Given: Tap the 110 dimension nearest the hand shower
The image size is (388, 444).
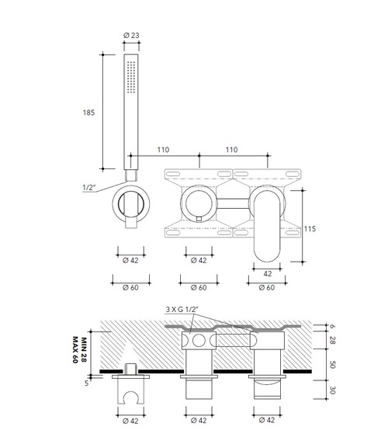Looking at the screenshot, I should [163, 148].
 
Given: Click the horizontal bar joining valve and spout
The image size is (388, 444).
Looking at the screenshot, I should [233, 204].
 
